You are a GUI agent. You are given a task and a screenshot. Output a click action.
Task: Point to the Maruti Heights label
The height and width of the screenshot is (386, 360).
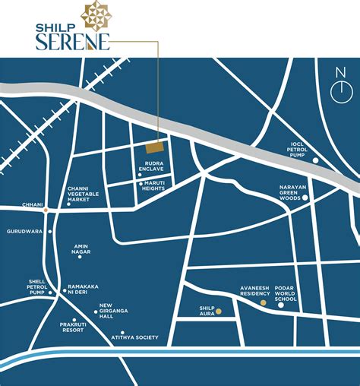(x=153, y=186)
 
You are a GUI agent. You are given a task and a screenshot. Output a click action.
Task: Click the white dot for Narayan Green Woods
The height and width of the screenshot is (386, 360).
(x=305, y=198)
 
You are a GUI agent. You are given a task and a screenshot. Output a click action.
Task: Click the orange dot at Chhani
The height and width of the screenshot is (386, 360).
(x=46, y=208)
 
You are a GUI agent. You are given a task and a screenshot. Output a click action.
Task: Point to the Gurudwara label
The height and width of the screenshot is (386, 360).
(x=24, y=231)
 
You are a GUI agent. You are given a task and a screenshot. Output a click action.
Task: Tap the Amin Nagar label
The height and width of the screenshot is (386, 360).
(x=82, y=250)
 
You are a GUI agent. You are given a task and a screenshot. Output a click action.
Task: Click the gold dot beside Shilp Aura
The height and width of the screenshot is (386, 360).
(x=218, y=312)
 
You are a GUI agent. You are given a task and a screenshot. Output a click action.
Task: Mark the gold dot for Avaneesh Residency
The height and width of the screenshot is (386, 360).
(x=264, y=302)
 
